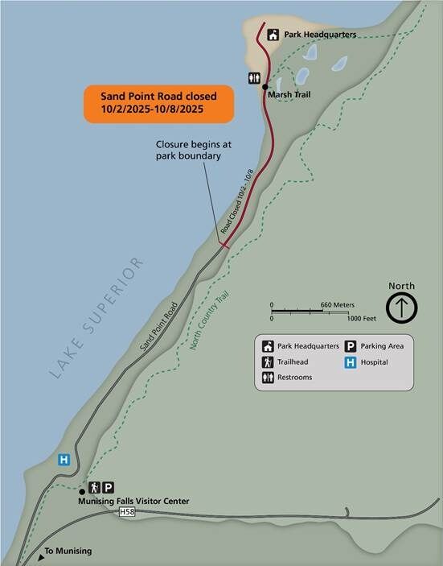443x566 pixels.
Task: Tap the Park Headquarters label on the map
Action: click(321, 35)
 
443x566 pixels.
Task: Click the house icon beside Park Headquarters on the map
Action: click(273, 35)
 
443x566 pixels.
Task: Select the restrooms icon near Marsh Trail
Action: click(254, 78)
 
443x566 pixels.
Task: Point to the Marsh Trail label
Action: click(289, 93)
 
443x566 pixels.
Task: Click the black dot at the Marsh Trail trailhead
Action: click(265, 85)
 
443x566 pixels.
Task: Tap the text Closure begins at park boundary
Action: click(188, 151)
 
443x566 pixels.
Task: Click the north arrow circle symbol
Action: click(402, 308)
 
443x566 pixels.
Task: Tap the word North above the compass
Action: click(401, 286)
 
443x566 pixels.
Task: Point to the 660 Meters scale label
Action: click(336, 305)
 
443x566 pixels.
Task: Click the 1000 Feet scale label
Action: click(359, 319)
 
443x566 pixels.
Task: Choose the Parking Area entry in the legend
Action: click(381, 346)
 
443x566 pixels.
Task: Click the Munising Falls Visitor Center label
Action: click(133, 502)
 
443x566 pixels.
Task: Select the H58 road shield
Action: click(126, 512)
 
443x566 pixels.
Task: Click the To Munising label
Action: click(68, 551)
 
